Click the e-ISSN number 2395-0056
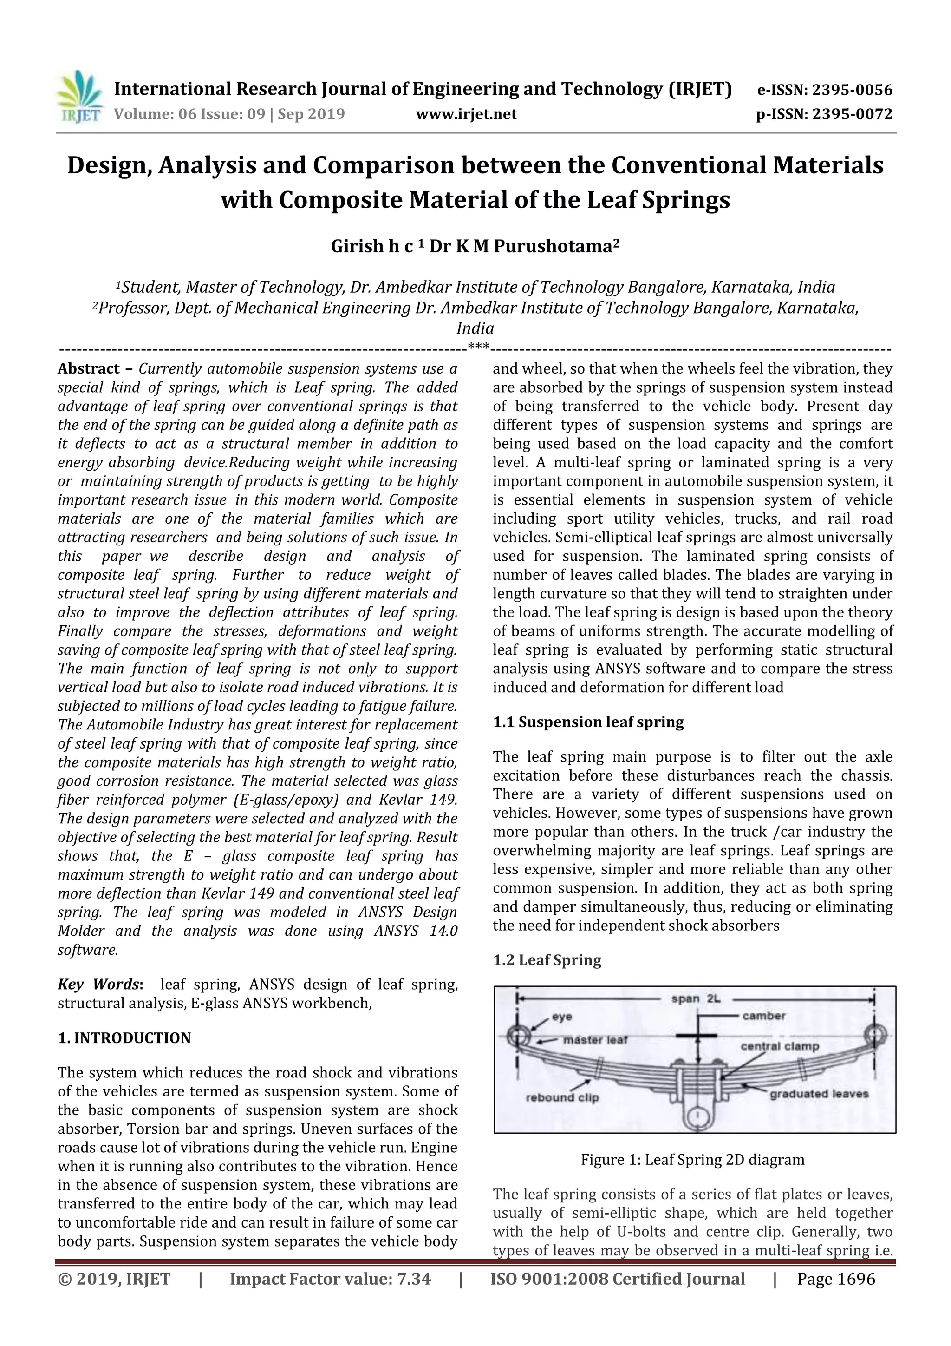(x=850, y=90)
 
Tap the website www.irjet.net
(x=466, y=114)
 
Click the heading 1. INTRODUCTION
(x=124, y=1038)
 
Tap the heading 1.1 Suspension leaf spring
(x=588, y=722)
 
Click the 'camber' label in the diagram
(x=763, y=1016)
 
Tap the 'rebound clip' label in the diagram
(x=562, y=1097)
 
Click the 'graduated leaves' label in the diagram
(x=819, y=1094)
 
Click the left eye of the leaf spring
(x=518, y=1035)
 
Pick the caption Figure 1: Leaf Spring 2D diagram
(x=693, y=1160)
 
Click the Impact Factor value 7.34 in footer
(x=414, y=1279)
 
